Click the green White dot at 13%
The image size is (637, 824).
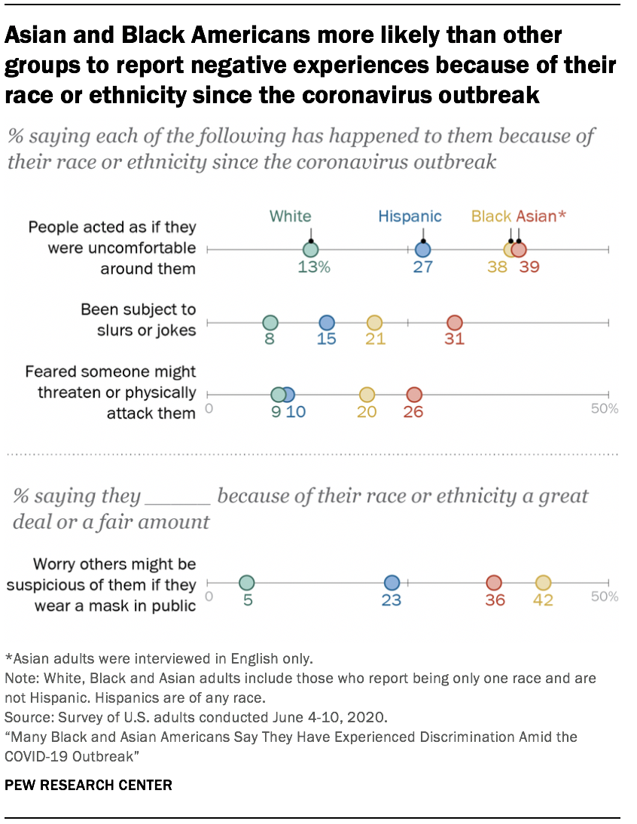(x=310, y=250)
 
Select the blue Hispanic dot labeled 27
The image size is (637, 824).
(x=422, y=250)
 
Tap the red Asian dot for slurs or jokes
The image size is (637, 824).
(x=455, y=323)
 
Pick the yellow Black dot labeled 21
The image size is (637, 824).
(x=374, y=323)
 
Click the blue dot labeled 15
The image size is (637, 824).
(x=326, y=323)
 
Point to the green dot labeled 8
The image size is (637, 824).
(x=270, y=323)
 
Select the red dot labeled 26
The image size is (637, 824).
(x=414, y=395)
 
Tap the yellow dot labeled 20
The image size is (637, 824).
(x=367, y=395)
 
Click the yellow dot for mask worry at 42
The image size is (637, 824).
(x=543, y=583)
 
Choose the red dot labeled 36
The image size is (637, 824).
(x=494, y=583)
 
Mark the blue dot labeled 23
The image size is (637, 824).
(x=392, y=583)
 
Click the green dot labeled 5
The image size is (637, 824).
(x=246, y=583)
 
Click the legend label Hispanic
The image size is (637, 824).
(x=410, y=217)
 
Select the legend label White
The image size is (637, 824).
(x=291, y=217)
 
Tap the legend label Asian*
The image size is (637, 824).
(x=541, y=217)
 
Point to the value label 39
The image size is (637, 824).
(x=529, y=267)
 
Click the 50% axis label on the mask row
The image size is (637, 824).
(x=605, y=597)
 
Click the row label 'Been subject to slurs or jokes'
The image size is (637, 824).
(x=138, y=319)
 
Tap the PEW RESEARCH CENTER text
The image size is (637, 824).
(x=88, y=785)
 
